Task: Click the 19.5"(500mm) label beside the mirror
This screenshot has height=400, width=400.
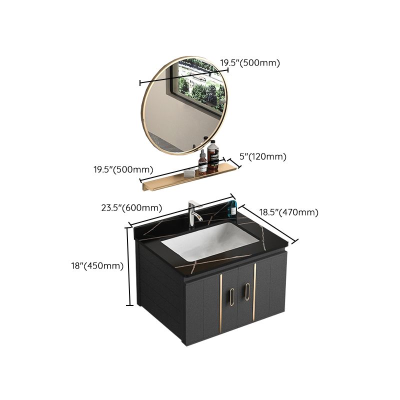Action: coord(250,63)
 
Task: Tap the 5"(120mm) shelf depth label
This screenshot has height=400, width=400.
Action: coord(263,156)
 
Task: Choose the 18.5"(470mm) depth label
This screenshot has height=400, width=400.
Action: coord(288,212)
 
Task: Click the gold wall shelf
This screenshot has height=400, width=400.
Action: coord(190,178)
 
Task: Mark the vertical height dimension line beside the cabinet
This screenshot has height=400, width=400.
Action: coord(131,265)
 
